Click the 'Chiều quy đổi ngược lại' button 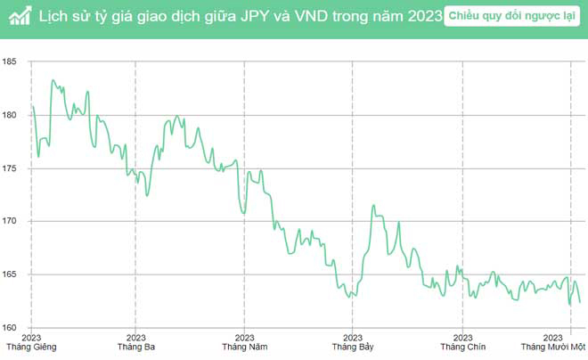[x=510, y=17]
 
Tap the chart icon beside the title [x=18, y=17]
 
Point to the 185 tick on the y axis [x=10, y=61]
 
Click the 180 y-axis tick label [x=10, y=115]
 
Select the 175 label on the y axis [x=10, y=168]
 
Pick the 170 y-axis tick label [x=10, y=221]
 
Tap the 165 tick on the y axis [x=10, y=274]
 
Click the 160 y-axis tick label [x=10, y=327]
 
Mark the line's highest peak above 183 [x=53, y=80]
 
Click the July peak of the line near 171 [x=372, y=206]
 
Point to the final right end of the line [x=580, y=302]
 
